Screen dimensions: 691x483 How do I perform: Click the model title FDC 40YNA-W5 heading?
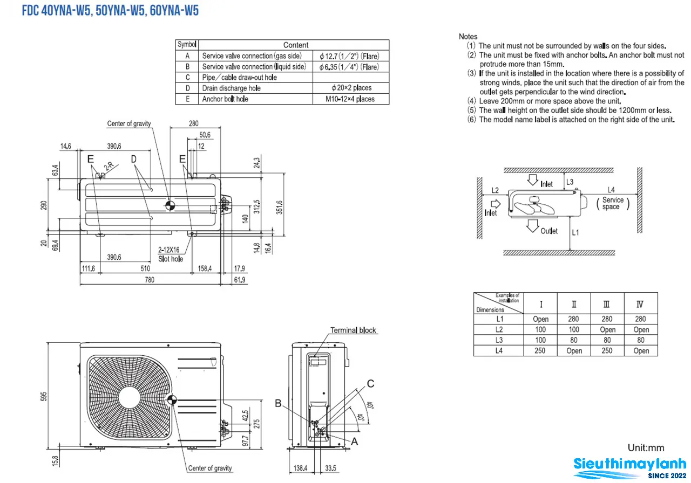click(x=110, y=11)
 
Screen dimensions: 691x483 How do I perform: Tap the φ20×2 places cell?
click(x=351, y=88)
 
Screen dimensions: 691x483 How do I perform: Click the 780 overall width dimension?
click(x=150, y=280)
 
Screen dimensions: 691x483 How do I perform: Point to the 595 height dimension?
click(x=44, y=396)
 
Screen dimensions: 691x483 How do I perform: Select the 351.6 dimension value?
click(x=279, y=208)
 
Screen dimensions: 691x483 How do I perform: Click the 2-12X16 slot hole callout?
click(x=171, y=254)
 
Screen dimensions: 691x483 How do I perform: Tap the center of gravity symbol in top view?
click(x=170, y=206)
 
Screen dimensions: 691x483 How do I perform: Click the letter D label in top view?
click(x=133, y=159)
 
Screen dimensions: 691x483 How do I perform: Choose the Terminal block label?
click(x=353, y=330)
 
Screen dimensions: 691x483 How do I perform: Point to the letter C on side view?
click(x=370, y=383)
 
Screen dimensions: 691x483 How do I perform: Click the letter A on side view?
click(x=355, y=441)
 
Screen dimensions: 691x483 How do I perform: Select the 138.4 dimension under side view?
click(x=300, y=468)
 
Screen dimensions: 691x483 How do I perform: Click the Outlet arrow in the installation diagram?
click(x=532, y=226)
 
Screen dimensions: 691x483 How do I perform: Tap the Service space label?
click(x=613, y=203)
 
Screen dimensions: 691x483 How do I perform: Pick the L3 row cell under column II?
click(x=574, y=340)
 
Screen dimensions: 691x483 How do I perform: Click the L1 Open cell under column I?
click(x=540, y=319)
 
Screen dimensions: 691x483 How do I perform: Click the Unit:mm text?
click(x=646, y=448)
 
